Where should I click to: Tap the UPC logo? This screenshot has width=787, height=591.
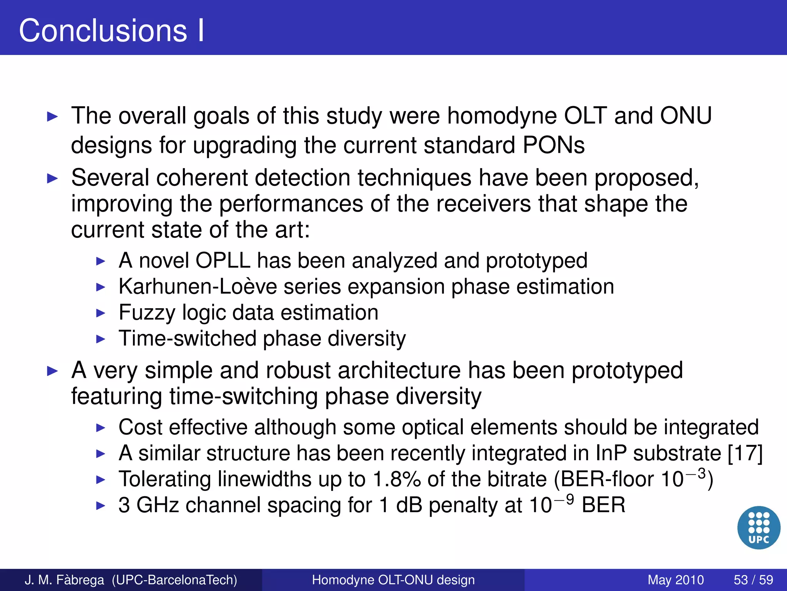pyautogui.click(x=759, y=528)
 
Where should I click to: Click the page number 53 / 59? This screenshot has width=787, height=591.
pyautogui.click(x=753, y=580)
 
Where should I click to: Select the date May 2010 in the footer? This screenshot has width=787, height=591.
pyautogui.click(x=676, y=580)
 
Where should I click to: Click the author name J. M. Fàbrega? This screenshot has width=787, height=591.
pyautogui.click(x=64, y=580)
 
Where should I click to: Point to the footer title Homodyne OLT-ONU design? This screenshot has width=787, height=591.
pyautogui.click(x=393, y=580)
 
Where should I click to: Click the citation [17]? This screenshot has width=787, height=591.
pyautogui.click(x=745, y=453)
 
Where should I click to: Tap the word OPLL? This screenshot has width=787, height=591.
pyautogui.click(x=223, y=260)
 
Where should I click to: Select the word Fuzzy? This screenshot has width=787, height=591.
pyautogui.click(x=147, y=312)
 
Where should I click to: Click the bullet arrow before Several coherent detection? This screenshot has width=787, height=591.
pyautogui.click(x=52, y=179)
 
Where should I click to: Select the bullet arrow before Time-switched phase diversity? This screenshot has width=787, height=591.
pyautogui.click(x=100, y=339)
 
